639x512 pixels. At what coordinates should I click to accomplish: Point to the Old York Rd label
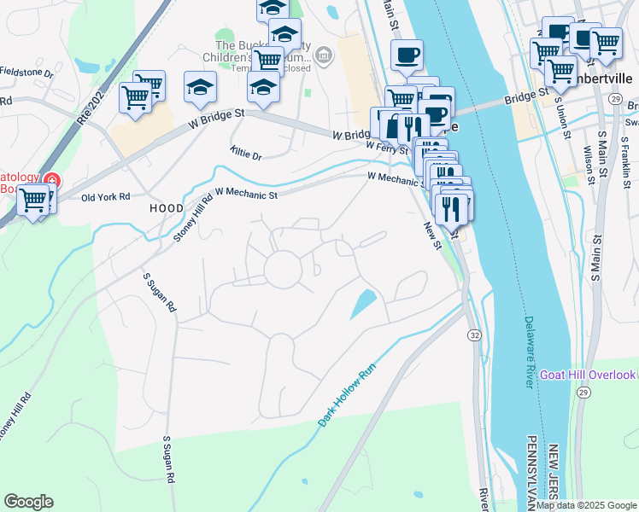[105, 197]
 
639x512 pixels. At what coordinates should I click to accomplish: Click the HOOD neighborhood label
[167, 208]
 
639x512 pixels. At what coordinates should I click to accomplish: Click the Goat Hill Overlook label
[588, 375]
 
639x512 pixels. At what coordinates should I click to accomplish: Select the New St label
[431, 236]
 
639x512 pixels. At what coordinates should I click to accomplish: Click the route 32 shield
[472, 335]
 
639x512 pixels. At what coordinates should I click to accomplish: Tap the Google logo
[28, 502]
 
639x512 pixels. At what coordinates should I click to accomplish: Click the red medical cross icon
[52, 181]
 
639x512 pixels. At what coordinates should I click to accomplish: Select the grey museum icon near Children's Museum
[324, 57]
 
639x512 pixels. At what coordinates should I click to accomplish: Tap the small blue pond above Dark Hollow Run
[362, 304]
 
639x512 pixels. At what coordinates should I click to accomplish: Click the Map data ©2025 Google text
[587, 505]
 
